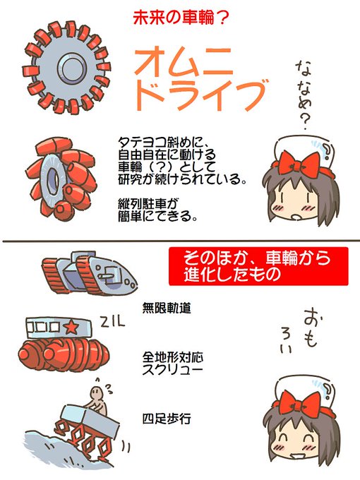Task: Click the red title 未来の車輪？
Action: (x=181, y=17)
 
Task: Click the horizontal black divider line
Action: (x=180, y=241)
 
